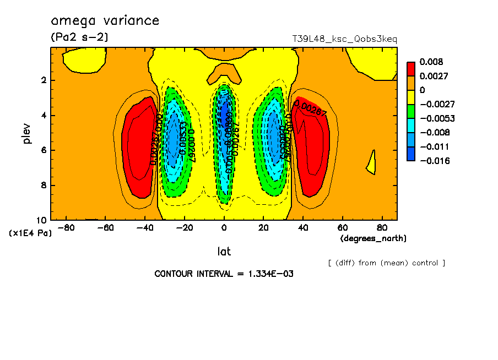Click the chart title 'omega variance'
(x=105, y=21)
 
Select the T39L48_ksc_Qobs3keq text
(x=344, y=39)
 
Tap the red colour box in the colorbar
(x=410, y=69)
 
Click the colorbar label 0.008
(x=431, y=62)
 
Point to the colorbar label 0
(x=423, y=90)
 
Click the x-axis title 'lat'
(x=224, y=252)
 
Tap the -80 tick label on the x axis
(x=66, y=228)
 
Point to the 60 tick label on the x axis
(x=342, y=228)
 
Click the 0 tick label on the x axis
(x=224, y=228)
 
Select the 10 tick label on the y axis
(x=42, y=220)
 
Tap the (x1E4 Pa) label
(x=30, y=233)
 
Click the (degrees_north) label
(x=373, y=238)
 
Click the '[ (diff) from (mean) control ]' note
(x=386, y=263)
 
